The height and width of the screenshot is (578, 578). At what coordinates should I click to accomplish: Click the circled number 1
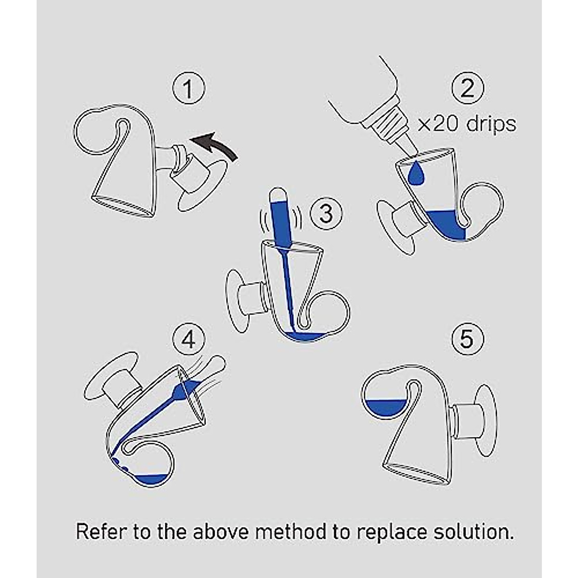188,89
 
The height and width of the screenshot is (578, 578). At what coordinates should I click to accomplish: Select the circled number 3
326,212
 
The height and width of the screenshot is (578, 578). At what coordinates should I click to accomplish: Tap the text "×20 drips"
466,124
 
